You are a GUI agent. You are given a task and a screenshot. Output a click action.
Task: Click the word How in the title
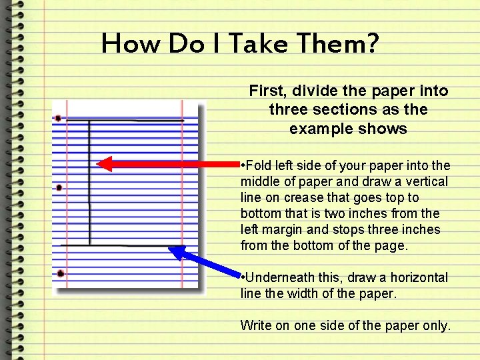coord(131,44)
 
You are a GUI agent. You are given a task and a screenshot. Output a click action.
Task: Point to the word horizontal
coord(418,277)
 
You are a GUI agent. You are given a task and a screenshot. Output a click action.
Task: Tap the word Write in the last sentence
coord(256,325)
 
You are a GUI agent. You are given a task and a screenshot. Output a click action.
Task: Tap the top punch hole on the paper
coord(58,119)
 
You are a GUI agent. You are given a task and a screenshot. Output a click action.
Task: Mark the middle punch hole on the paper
coord(59,188)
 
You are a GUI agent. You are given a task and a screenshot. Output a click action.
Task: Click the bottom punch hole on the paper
coord(60,273)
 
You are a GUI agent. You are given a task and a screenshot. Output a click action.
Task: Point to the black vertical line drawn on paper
coord(90,180)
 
